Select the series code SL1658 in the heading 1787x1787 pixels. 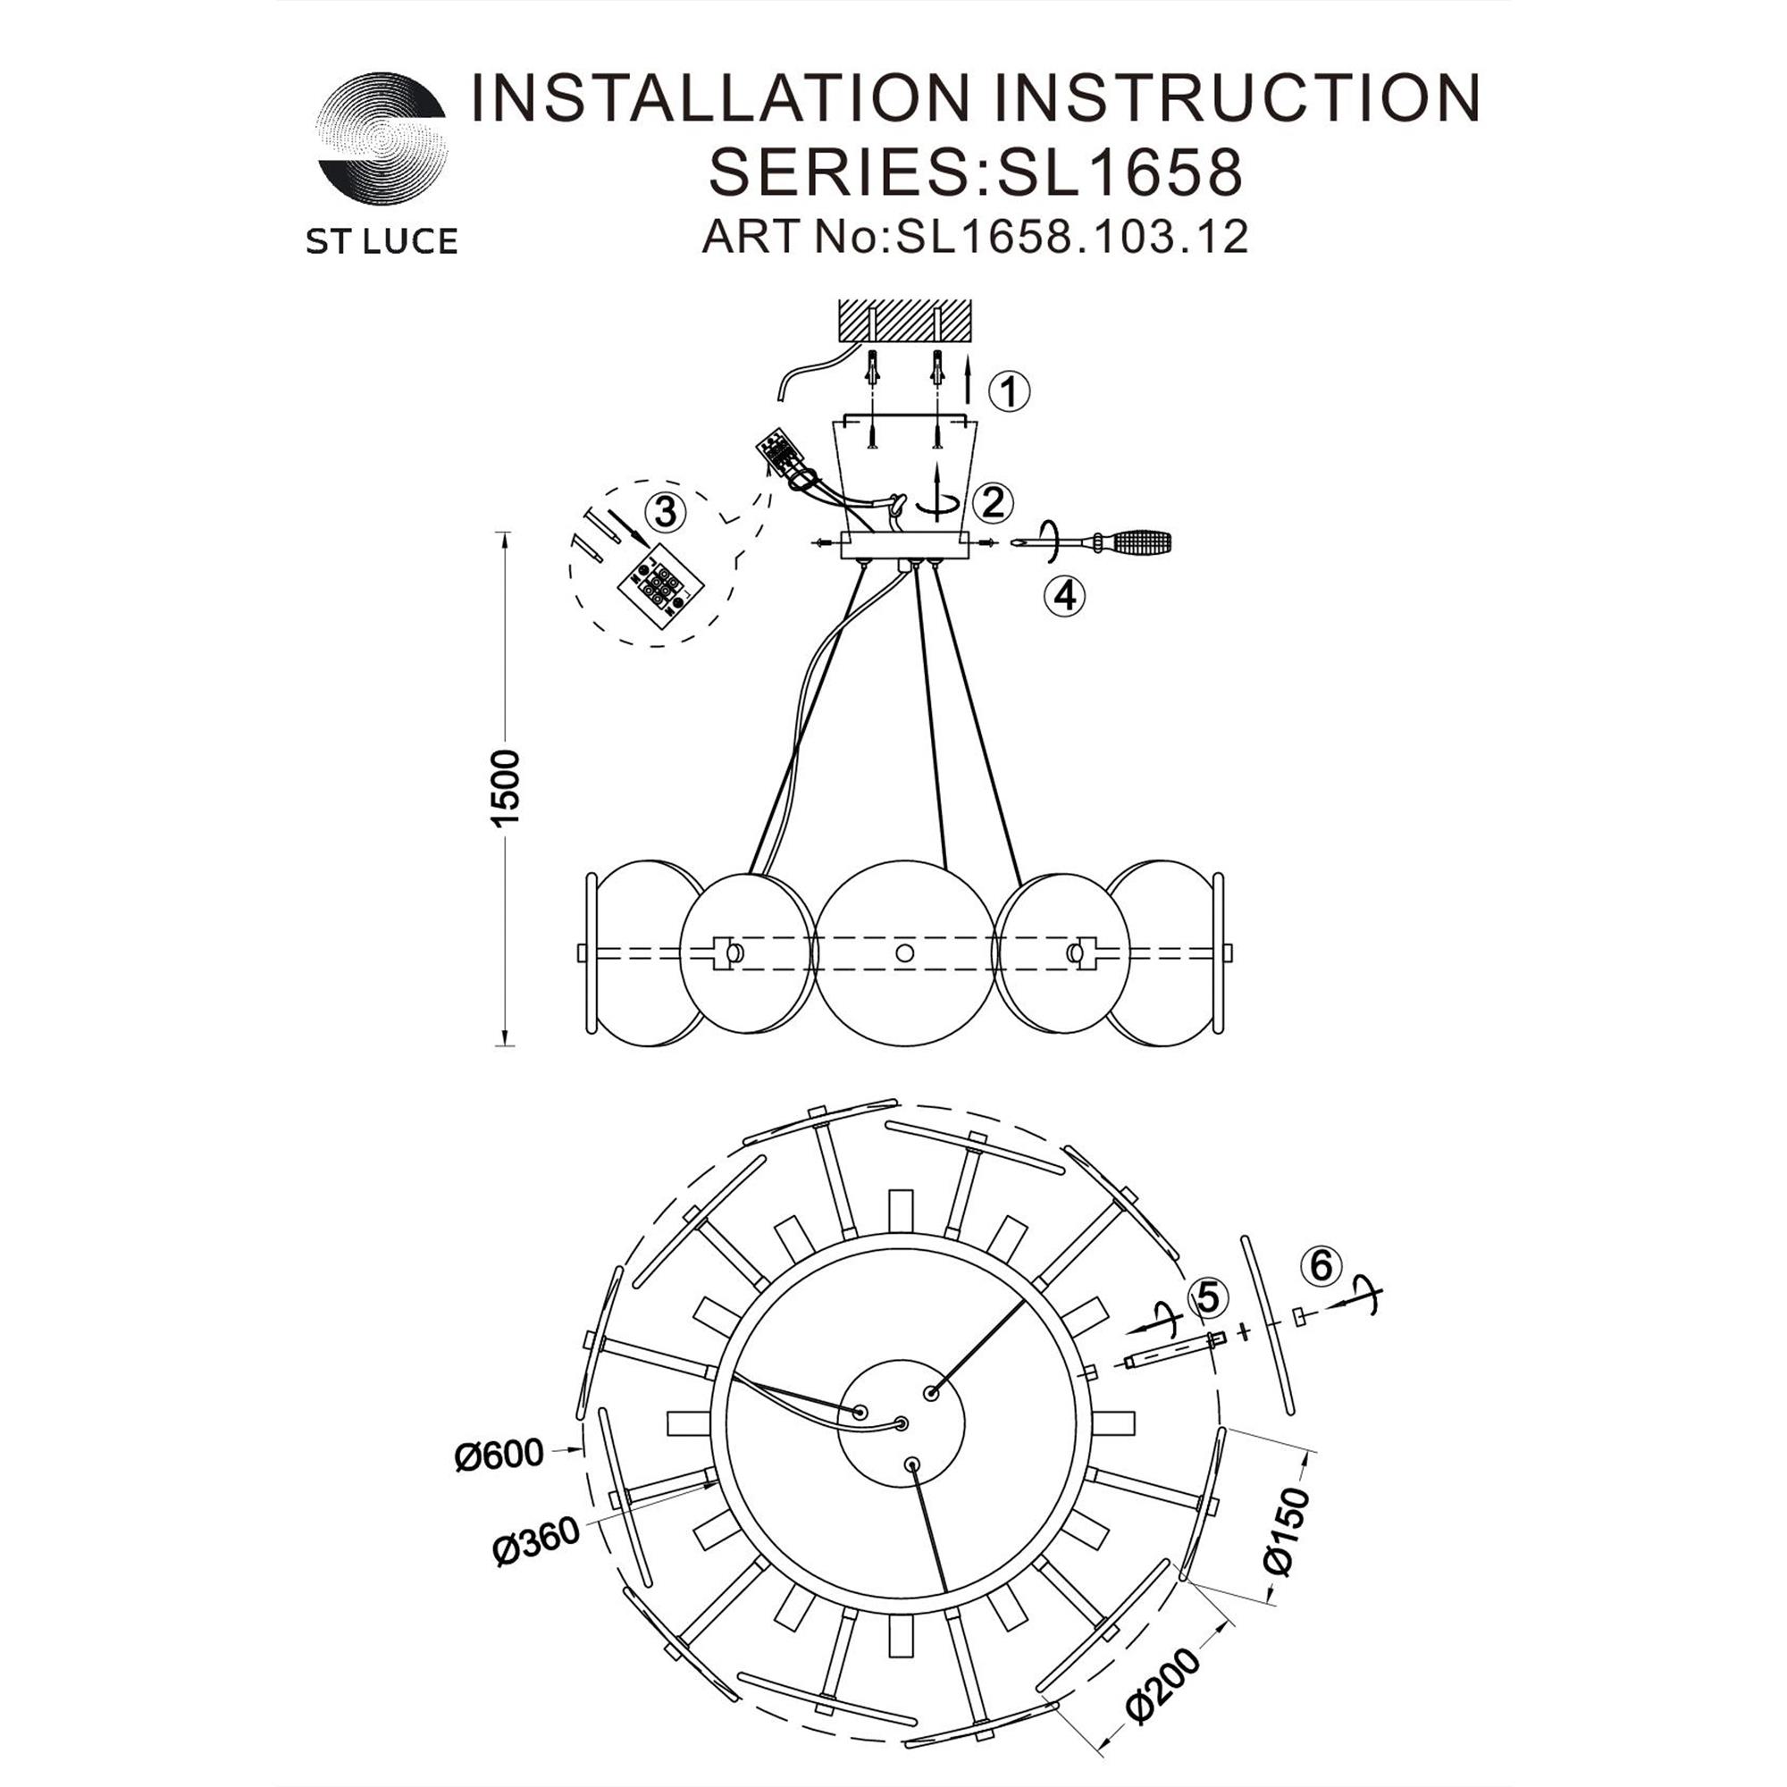(x=1115, y=172)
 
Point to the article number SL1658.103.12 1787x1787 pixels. (x=1073, y=237)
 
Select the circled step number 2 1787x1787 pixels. (x=994, y=502)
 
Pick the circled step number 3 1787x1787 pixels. (x=666, y=511)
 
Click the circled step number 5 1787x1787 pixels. (x=1208, y=1298)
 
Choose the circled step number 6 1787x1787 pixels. (x=1321, y=1265)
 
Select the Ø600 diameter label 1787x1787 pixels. (x=499, y=1456)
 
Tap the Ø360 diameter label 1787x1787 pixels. (x=537, y=1541)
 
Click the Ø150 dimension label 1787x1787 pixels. (x=1288, y=1531)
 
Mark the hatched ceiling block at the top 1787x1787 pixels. (x=904, y=323)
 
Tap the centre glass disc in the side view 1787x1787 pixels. (x=904, y=952)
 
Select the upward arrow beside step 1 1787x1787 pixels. (x=969, y=382)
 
